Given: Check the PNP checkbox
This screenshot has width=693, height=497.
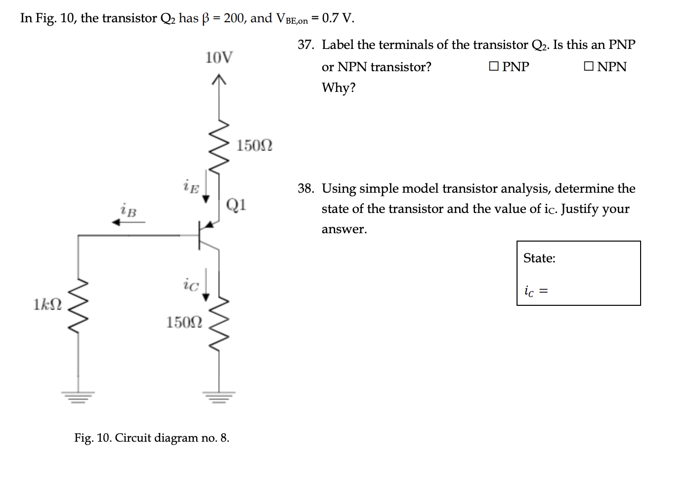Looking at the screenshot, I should tap(494, 66).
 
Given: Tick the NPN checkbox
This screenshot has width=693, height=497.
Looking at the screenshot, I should tap(588, 66).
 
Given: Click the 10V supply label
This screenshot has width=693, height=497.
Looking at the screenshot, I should tap(218, 58).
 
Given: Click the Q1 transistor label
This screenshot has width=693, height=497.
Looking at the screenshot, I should tap(236, 204).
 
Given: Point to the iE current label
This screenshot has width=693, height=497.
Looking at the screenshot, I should tap(191, 186).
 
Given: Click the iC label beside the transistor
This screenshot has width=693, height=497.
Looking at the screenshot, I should tap(190, 285).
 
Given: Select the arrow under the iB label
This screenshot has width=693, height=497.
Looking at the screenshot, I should tap(128, 222).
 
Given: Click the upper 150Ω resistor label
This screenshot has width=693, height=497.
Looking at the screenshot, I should tap(254, 146).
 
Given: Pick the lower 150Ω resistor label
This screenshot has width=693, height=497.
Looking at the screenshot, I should tap(184, 323).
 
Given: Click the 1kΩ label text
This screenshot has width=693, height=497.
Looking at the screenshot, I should tap(47, 304).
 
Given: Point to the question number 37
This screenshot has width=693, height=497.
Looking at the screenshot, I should tap(305, 45).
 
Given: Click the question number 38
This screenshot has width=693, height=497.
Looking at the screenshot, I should tap(305, 189).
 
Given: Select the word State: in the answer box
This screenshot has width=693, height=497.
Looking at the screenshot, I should tap(539, 258).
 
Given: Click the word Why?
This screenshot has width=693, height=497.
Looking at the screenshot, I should tap(339, 88).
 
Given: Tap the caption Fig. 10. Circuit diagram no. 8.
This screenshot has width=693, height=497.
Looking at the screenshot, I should tap(152, 438).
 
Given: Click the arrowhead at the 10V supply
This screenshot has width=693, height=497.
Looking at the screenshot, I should tap(218, 79).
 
